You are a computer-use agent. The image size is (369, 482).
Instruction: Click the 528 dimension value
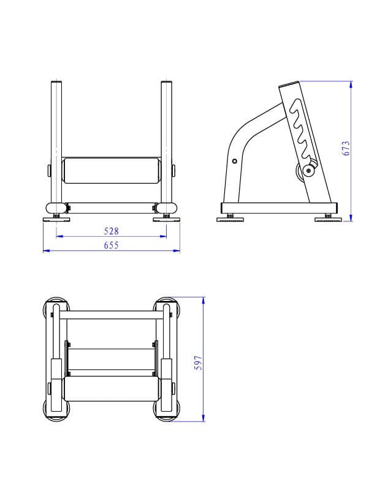point(111,231)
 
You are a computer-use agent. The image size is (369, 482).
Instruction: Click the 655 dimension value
point(111,245)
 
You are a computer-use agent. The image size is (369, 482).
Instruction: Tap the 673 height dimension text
point(346,148)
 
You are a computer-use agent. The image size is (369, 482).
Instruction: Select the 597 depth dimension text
point(199,363)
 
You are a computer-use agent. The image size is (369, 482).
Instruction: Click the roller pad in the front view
point(111,171)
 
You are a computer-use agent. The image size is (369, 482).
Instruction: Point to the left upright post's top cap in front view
point(56,82)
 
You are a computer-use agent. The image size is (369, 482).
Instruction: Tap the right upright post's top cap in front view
point(166,82)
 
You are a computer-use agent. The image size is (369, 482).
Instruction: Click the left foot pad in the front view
point(56,220)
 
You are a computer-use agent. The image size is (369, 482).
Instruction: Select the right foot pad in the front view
point(166,220)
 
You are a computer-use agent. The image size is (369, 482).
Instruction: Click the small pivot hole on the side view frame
point(235,161)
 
